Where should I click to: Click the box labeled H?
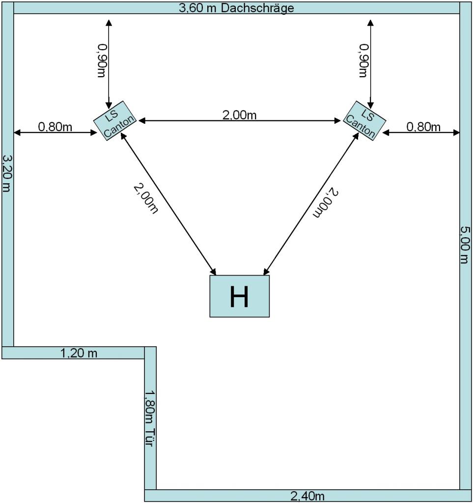(x=240, y=296)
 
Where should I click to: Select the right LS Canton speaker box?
(x=364, y=121)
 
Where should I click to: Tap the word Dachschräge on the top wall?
(x=257, y=8)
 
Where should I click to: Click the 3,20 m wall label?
(x=7, y=173)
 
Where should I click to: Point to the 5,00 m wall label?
(x=465, y=245)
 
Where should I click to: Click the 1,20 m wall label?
(x=79, y=353)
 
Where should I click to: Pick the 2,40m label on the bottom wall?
(x=307, y=497)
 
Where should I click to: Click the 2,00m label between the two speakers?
(x=240, y=114)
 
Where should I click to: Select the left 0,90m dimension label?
(x=102, y=60)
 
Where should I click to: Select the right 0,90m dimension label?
(x=363, y=60)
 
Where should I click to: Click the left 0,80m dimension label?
(x=55, y=127)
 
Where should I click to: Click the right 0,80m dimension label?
(x=423, y=127)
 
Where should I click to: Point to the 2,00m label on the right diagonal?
(x=326, y=203)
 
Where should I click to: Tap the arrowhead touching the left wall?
(x=16, y=132)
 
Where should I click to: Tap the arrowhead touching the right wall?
(x=457, y=132)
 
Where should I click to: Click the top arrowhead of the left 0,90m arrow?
(x=109, y=23)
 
